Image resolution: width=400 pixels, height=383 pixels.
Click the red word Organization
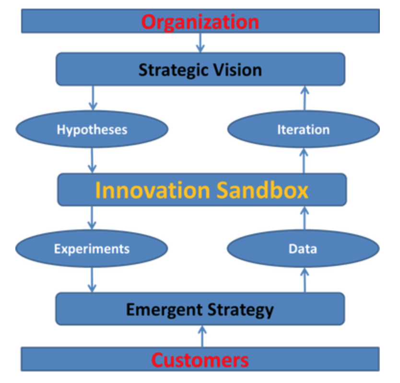pyautogui.click(x=200, y=23)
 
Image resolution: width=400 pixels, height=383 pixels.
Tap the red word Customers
pyautogui.click(x=200, y=360)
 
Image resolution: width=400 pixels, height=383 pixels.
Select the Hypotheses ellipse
pyautogui.click(x=92, y=129)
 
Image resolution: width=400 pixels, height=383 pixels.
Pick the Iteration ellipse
pyautogui.click(x=304, y=129)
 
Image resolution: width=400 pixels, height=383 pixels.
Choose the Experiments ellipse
pyautogui.click(x=92, y=249)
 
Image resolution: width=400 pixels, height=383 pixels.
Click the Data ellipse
pyautogui.click(x=303, y=249)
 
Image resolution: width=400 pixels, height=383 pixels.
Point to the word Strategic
pyautogui.click(x=174, y=70)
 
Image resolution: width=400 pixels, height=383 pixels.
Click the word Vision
pyautogui.click(x=238, y=70)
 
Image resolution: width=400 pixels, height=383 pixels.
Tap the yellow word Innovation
pyautogui.click(x=153, y=190)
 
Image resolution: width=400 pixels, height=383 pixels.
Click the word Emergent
pyautogui.click(x=165, y=310)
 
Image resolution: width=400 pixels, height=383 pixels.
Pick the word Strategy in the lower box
pyautogui.click(x=241, y=310)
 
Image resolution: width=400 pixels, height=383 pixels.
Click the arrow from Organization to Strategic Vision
pyautogui.click(x=200, y=43)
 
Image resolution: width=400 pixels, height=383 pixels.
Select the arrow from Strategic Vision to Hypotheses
pyautogui.click(x=93, y=98)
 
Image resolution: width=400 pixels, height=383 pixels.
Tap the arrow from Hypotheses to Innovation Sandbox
pyautogui.click(x=92, y=161)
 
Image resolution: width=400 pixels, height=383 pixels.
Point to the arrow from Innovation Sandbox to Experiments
pyautogui.click(x=92, y=218)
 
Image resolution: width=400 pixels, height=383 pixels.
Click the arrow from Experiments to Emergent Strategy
pyautogui.click(x=92, y=280)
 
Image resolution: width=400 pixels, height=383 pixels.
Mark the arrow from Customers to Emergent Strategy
pyautogui.click(x=202, y=336)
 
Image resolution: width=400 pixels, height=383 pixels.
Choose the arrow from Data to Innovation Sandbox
pyautogui.click(x=305, y=218)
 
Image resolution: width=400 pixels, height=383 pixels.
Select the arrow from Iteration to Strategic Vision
pyautogui.click(x=305, y=98)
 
